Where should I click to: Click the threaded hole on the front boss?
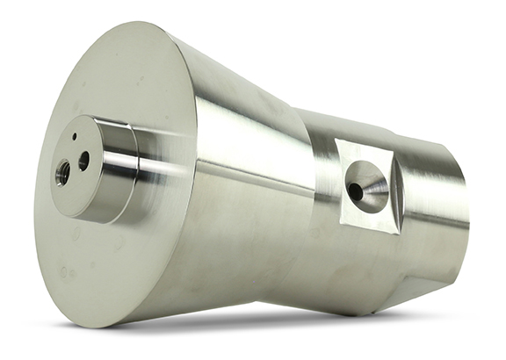pos(63,173)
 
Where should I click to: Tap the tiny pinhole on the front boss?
pos(76,137)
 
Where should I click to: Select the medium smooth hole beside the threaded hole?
pos(84,160)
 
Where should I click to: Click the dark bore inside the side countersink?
pos(356,190)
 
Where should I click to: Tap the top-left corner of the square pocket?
pos(336,140)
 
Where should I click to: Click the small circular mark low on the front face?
pos(63,272)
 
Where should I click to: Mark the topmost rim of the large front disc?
pos(132,24)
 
